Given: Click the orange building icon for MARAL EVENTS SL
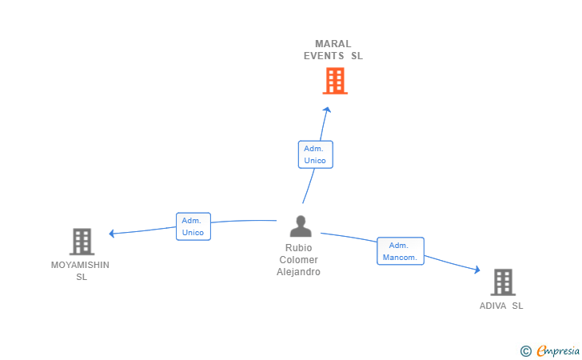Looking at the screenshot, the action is pos(335,81).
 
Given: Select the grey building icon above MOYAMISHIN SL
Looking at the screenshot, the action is pos(82,242).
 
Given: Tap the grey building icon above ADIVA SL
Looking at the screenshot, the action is pos(503,282).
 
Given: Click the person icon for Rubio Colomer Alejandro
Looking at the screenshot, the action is pos(301,226).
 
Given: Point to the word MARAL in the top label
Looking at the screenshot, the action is pos(333,44).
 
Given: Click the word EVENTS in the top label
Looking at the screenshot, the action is pos(324,56).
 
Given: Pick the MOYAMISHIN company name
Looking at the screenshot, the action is pos(80,265).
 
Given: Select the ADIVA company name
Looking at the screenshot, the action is pos(492,306).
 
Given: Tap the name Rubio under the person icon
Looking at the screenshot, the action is pos(298,248).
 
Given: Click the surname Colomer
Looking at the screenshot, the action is pos(298,260).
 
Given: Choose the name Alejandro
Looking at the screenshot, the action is pos(298,272).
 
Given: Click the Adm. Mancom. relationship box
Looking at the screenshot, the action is pos(400,251).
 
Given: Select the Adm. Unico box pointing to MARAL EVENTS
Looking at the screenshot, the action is pos(316,154).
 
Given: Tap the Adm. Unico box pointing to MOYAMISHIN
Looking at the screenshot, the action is pos(193,226).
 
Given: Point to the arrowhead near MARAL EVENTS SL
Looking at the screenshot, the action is pos(327,110).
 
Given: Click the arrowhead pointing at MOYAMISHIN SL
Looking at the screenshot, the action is pos(112,234).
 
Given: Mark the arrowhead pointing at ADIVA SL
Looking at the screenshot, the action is pos(477,270).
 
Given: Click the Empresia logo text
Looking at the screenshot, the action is pos(558,350).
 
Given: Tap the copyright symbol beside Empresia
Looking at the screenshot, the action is pos(525,351).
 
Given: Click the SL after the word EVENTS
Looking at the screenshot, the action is pos(357,56).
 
